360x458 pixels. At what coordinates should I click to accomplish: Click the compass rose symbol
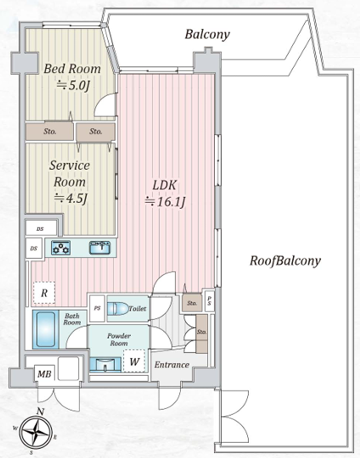pyautogui.click(x=37, y=432)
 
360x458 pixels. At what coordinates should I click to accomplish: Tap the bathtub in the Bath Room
pyautogui.click(x=46, y=329)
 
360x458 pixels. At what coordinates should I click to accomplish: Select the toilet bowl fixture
pyautogui.click(x=118, y=309)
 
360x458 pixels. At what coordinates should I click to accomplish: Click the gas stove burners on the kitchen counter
pyautogui.click(x=60, y=248)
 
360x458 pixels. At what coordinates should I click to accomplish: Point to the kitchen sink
pyautogui.click(x=100, y=248)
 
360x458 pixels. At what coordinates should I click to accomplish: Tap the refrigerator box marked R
pyautogui.click(x=44, y=293)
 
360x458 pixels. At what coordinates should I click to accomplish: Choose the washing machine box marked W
pyautogui.click(x=134, y=361)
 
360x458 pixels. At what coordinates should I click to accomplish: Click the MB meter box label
pyautogui.click(x=44, y=373)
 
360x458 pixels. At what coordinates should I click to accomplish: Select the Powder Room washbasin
pyautogui.click(x=105, y=365)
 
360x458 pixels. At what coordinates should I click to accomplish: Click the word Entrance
pyautogui.click(x=172, y=365)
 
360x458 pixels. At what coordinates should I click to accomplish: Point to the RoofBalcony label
pyautogui.click(x=285, y=260)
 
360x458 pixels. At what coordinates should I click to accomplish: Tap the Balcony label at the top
pyautogui.click(x=207, y=34)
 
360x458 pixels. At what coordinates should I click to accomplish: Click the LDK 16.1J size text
pyautogui.click(x=166, y=202)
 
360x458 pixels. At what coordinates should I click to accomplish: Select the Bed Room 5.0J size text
pyautogui.click(x=72, y=86)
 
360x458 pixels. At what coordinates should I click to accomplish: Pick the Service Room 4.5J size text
pyautogui.click(x=70, y=198)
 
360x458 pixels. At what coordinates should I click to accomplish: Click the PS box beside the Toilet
pyautogui.click(x=98, y=309)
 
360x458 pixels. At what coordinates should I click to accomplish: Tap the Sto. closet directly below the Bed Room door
pyautogui.click(x=96, y=131)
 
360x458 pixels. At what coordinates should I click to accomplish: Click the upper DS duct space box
pyautogui.click(x=41, y=228)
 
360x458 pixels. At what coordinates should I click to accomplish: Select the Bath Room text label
pyautogui.click(x=72, y=319)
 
